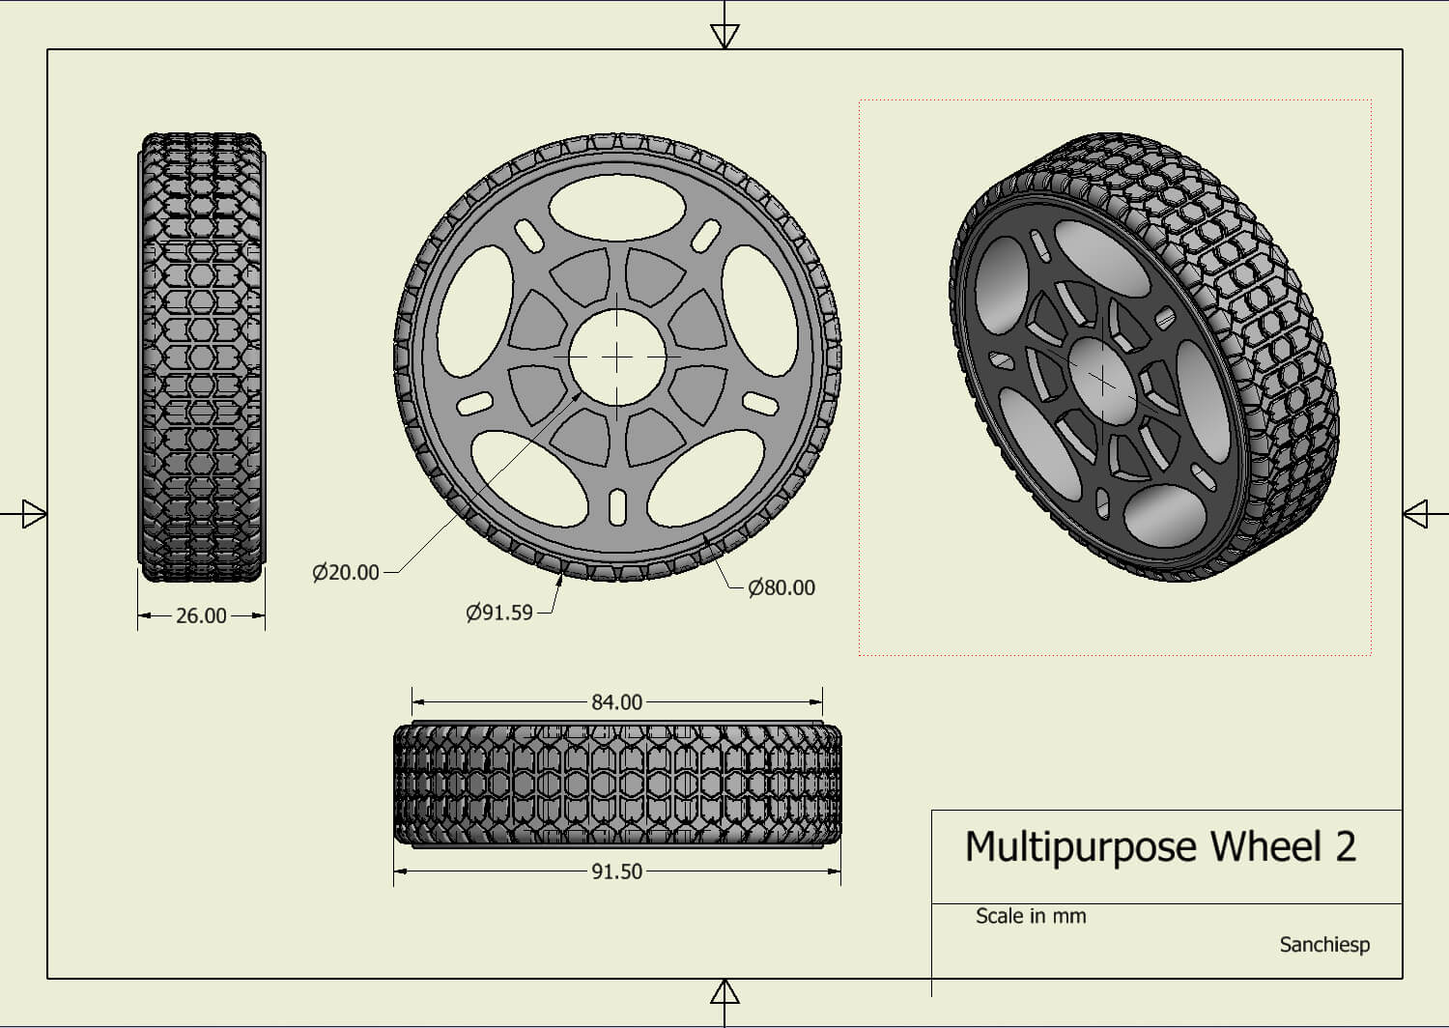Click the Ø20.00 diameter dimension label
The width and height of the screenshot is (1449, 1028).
click(346, 572)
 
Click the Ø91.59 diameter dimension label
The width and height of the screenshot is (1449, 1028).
click(499, 613)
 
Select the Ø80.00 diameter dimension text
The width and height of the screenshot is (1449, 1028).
click(781, 587)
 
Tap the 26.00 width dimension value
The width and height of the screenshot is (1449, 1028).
click(201, 615)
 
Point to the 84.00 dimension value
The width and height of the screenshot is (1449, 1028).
click(616, 702)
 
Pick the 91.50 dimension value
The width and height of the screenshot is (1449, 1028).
click(616, 871)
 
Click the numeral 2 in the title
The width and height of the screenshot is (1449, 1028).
click(1345, 847)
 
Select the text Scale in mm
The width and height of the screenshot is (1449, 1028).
click(1030, 916)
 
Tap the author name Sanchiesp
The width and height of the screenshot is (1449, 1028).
click(1324, 945)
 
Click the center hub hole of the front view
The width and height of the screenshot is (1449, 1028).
click(616, 357)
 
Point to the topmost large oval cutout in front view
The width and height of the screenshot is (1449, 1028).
click(616, 208)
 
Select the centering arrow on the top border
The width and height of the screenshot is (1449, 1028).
click(724, 36)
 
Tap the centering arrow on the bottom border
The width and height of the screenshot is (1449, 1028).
click(724, 992)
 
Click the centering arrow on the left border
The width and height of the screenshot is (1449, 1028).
click(34, 513)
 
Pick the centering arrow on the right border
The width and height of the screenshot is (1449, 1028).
click(1415, 513)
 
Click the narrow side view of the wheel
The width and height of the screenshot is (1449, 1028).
click(201, 357)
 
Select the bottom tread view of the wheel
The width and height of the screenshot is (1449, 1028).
click(616, 785)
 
